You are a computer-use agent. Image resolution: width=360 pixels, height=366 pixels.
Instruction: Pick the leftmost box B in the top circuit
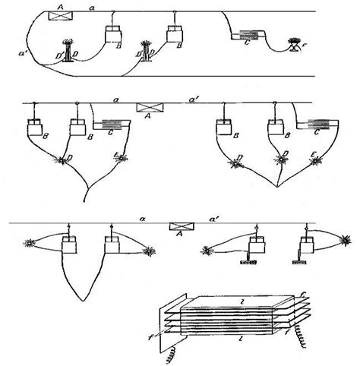114,34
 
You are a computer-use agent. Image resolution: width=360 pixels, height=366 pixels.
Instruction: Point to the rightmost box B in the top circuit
176,33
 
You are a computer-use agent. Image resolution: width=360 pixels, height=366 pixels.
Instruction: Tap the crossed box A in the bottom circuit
180,226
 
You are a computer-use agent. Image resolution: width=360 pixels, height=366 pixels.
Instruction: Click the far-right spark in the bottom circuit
346,240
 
